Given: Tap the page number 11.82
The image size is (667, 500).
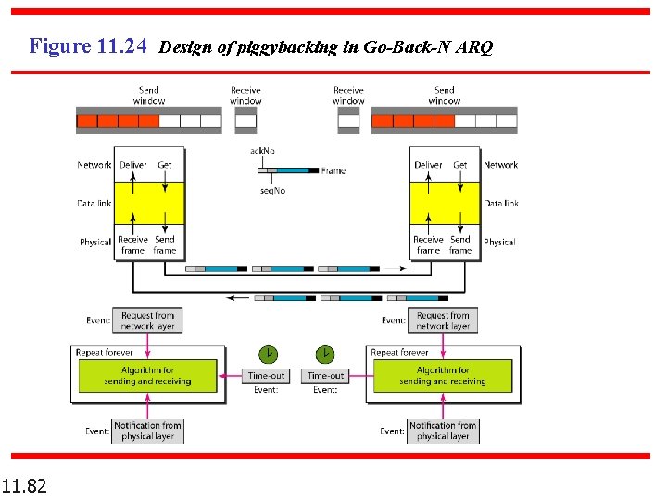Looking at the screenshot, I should [x=25, y=484].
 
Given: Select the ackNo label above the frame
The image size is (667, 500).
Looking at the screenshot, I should [x=262, y=151].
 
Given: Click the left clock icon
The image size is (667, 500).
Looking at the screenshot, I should [x=267, y=354].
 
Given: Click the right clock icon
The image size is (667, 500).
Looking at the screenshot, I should [x=325, y=354].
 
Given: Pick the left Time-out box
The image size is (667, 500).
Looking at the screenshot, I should [x=267, y=375].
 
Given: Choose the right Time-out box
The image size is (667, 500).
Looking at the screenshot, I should [x=325, y=375].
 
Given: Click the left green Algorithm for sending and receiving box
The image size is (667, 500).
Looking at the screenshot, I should [x=147, y=375].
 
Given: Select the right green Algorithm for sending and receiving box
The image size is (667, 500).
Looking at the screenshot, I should [x=443, y=375].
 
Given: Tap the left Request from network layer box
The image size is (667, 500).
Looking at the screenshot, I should [x=147, y=320].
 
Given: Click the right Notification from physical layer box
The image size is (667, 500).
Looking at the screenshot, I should [x=443, y=431].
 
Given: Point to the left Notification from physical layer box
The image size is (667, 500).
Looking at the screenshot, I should [x=147, y=431].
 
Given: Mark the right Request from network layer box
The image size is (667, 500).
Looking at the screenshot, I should [x=443, y=320].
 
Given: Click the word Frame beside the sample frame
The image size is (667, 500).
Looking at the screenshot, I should [x=333, y=170].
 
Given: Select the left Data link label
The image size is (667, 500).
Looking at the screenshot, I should [x=94, y=203].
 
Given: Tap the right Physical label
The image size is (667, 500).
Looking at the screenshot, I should [x=499, y=243].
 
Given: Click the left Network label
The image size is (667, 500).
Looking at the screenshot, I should [x=94, y=165].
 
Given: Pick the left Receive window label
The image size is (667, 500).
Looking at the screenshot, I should [x=245, y=95].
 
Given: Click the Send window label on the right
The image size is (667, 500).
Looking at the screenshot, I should [x=445, y=95].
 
